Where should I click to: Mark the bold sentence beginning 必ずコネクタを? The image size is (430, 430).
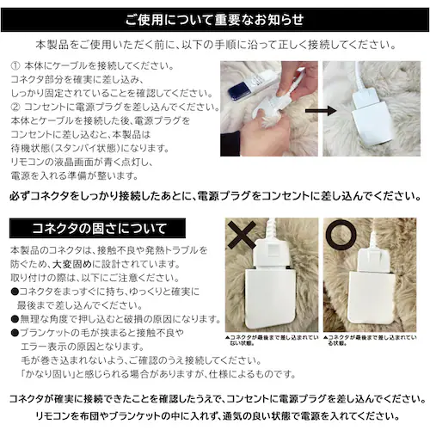click(214, 197)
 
